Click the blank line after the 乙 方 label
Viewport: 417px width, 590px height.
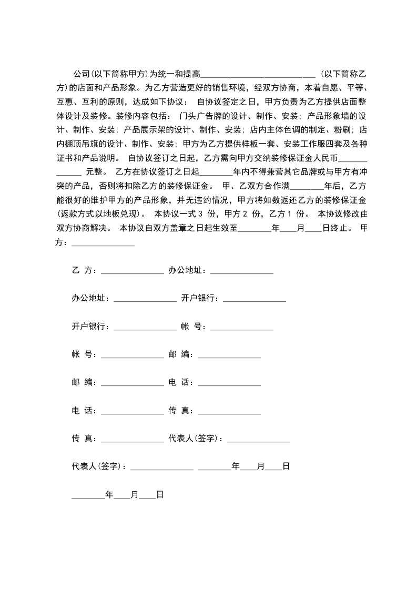click(133, 271)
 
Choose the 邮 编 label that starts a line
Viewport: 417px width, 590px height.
click(84, 383)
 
